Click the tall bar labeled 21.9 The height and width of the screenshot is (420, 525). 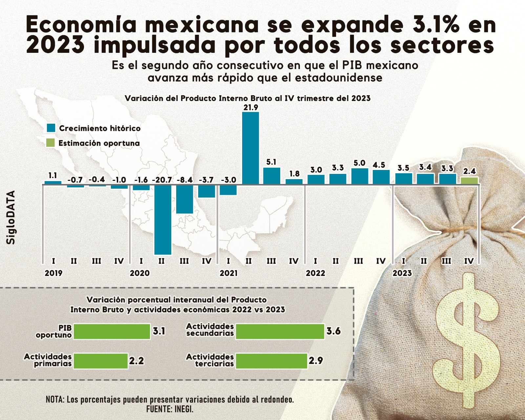point(250,148)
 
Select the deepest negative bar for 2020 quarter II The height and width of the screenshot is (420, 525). point(163,220)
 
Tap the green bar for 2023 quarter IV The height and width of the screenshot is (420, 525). point(469,180)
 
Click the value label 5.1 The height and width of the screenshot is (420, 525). point(271,162)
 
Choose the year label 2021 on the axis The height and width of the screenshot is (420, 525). point(228,273)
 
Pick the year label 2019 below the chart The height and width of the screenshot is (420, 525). point(53,273)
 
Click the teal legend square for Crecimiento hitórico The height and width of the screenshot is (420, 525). point(51,128)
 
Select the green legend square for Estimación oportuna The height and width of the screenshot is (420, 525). point(51,143)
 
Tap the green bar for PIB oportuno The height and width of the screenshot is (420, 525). point(112,331)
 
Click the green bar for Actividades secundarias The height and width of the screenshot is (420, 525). point(280,331)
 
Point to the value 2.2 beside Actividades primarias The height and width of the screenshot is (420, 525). point(136,361)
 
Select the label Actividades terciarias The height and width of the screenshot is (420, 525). point(210,360)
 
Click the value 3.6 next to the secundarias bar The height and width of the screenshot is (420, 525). point(333,331)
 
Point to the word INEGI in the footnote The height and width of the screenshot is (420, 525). point(184,409)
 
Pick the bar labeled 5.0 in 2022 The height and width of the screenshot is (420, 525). point(360,176)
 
